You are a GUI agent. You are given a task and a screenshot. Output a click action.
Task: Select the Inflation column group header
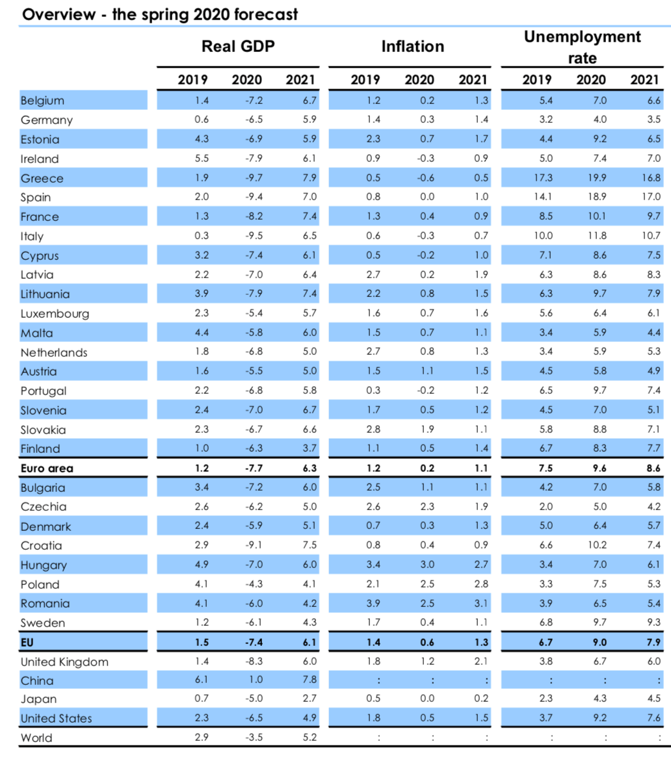(412, 46)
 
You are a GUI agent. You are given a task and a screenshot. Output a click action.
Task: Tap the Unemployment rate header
(582, 47)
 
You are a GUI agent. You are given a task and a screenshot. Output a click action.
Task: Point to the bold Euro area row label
(47, 468)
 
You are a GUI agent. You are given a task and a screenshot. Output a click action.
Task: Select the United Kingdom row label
(64, 662)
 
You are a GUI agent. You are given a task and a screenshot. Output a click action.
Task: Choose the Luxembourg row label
(55, 314)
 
